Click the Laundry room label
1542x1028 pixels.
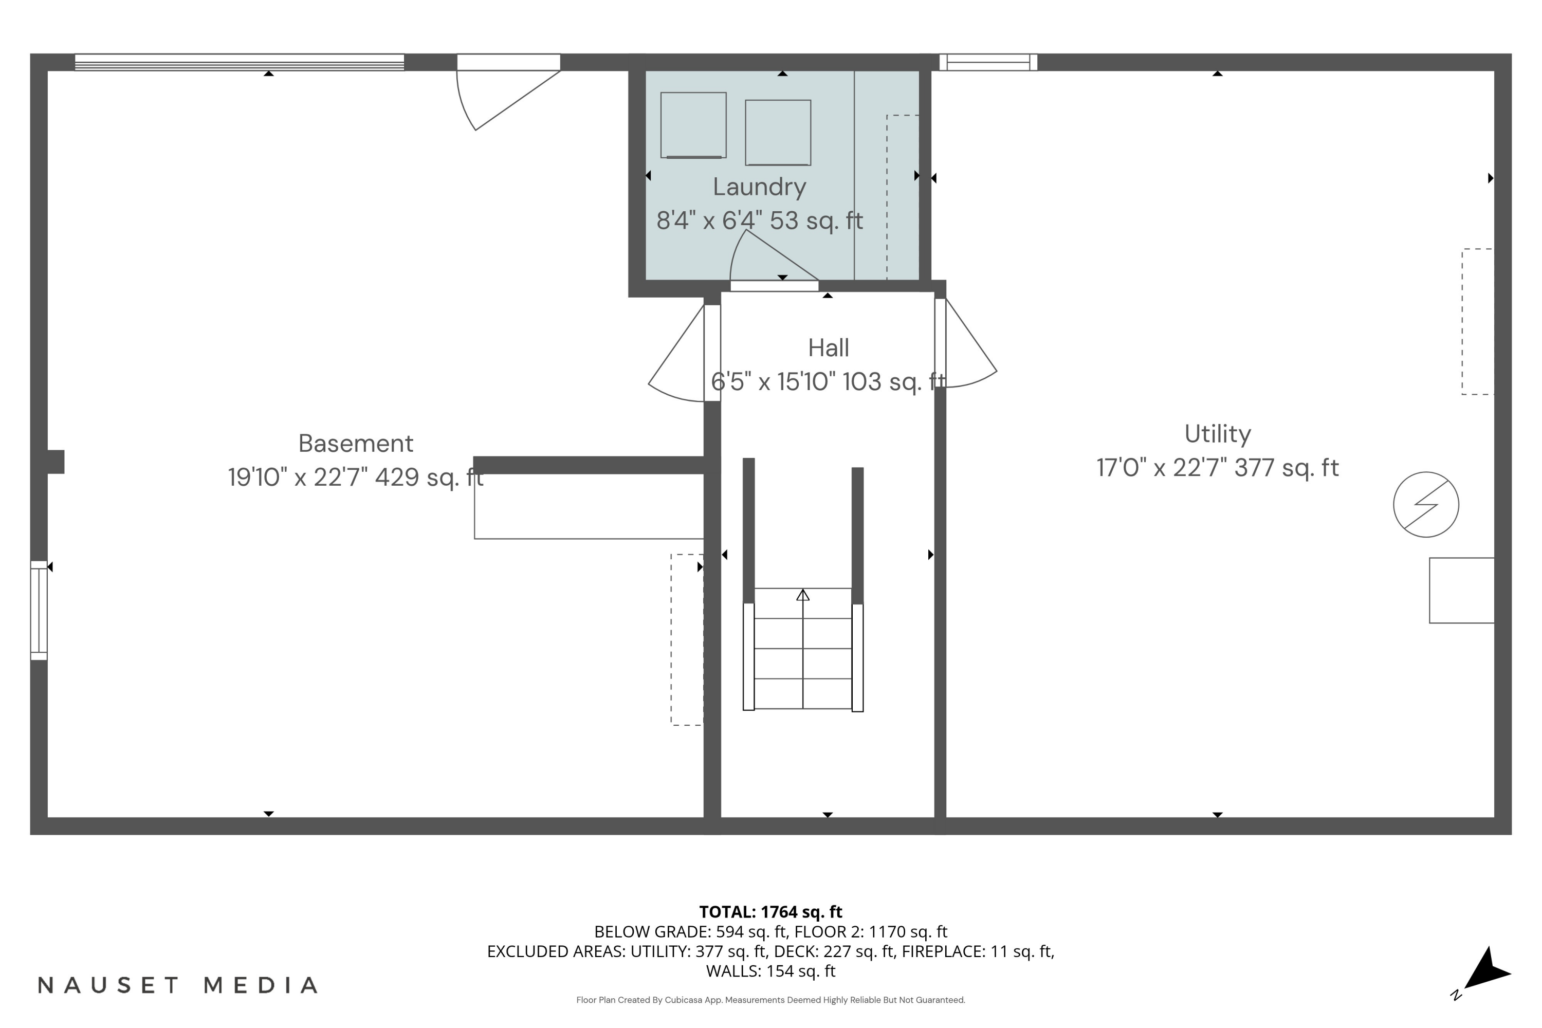point(759,188)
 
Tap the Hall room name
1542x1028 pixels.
point(828,348)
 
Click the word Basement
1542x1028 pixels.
point(356,444)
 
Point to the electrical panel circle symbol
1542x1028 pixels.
point(1426,505)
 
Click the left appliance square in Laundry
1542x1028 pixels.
point(693,125)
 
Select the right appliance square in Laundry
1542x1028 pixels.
point(778,133)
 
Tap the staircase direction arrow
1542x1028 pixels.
point(802,595)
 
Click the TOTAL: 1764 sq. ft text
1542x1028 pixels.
point(770,912)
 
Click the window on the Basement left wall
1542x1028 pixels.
point(39,611)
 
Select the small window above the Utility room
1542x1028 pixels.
point(988,62)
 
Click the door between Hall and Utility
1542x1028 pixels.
point(964,344)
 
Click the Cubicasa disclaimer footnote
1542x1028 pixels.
point(770,1000)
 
